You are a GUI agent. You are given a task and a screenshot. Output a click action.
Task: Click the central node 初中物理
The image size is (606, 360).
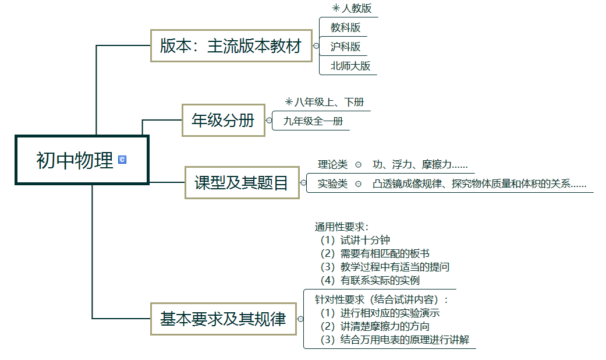[x=75, y=160]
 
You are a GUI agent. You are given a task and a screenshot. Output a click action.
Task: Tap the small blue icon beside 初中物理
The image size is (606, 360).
[x=122, y=160]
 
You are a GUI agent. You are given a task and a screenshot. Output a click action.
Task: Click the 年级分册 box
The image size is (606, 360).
[x=223, y=120]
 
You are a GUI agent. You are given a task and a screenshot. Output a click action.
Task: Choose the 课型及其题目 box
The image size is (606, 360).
[x=242, y=183]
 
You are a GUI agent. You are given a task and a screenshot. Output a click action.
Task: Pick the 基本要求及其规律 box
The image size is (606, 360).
[x=223, y=319]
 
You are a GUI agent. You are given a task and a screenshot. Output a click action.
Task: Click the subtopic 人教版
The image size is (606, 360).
[x=356, y=9]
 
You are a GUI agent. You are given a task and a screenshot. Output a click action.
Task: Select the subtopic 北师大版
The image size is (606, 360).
[x=350, y=65]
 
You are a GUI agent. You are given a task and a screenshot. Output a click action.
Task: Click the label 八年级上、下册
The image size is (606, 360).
[x=329, y=103]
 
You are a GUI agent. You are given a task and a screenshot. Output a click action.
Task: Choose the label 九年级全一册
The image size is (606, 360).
[x=313, y=121]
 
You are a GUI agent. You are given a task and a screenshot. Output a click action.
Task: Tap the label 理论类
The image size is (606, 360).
[x=332, y=165]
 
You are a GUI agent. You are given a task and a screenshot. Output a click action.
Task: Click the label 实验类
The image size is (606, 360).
[x=332, y=183]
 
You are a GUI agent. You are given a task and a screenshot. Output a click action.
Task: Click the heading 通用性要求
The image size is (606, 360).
[x=342, y=227]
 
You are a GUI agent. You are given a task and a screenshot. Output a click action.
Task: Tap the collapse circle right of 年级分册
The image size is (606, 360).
[x=269, y=121]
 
